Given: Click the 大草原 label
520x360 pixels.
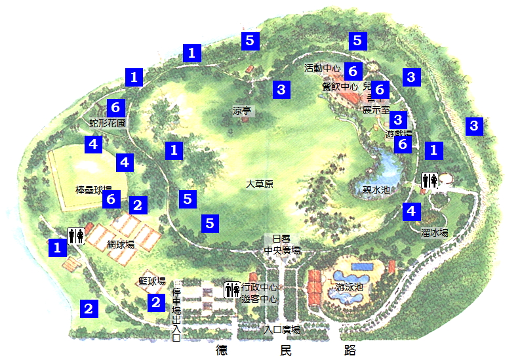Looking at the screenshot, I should [259, 185].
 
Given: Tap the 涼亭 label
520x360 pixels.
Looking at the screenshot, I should [242, 111].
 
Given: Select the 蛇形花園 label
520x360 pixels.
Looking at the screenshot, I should [107, 123].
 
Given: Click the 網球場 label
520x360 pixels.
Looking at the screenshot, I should [121, 245].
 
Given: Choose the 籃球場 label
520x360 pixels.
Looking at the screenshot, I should [151, 281].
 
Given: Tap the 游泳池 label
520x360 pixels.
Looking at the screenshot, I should [350, 287].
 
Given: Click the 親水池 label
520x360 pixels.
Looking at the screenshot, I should [376, 190].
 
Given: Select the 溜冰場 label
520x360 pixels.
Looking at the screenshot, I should [434, 232].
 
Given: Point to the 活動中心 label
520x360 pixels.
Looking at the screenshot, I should [323, 68].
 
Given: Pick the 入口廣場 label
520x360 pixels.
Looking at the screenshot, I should [282, 330].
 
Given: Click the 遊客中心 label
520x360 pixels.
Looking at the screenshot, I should [259, 299].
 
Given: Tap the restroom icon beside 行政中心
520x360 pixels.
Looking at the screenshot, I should [232, 289].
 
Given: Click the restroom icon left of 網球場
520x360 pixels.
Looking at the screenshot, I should [75, 235].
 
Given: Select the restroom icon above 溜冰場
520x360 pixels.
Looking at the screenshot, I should [430, 180].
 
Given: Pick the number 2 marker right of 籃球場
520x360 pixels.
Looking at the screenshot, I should [156, 302].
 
